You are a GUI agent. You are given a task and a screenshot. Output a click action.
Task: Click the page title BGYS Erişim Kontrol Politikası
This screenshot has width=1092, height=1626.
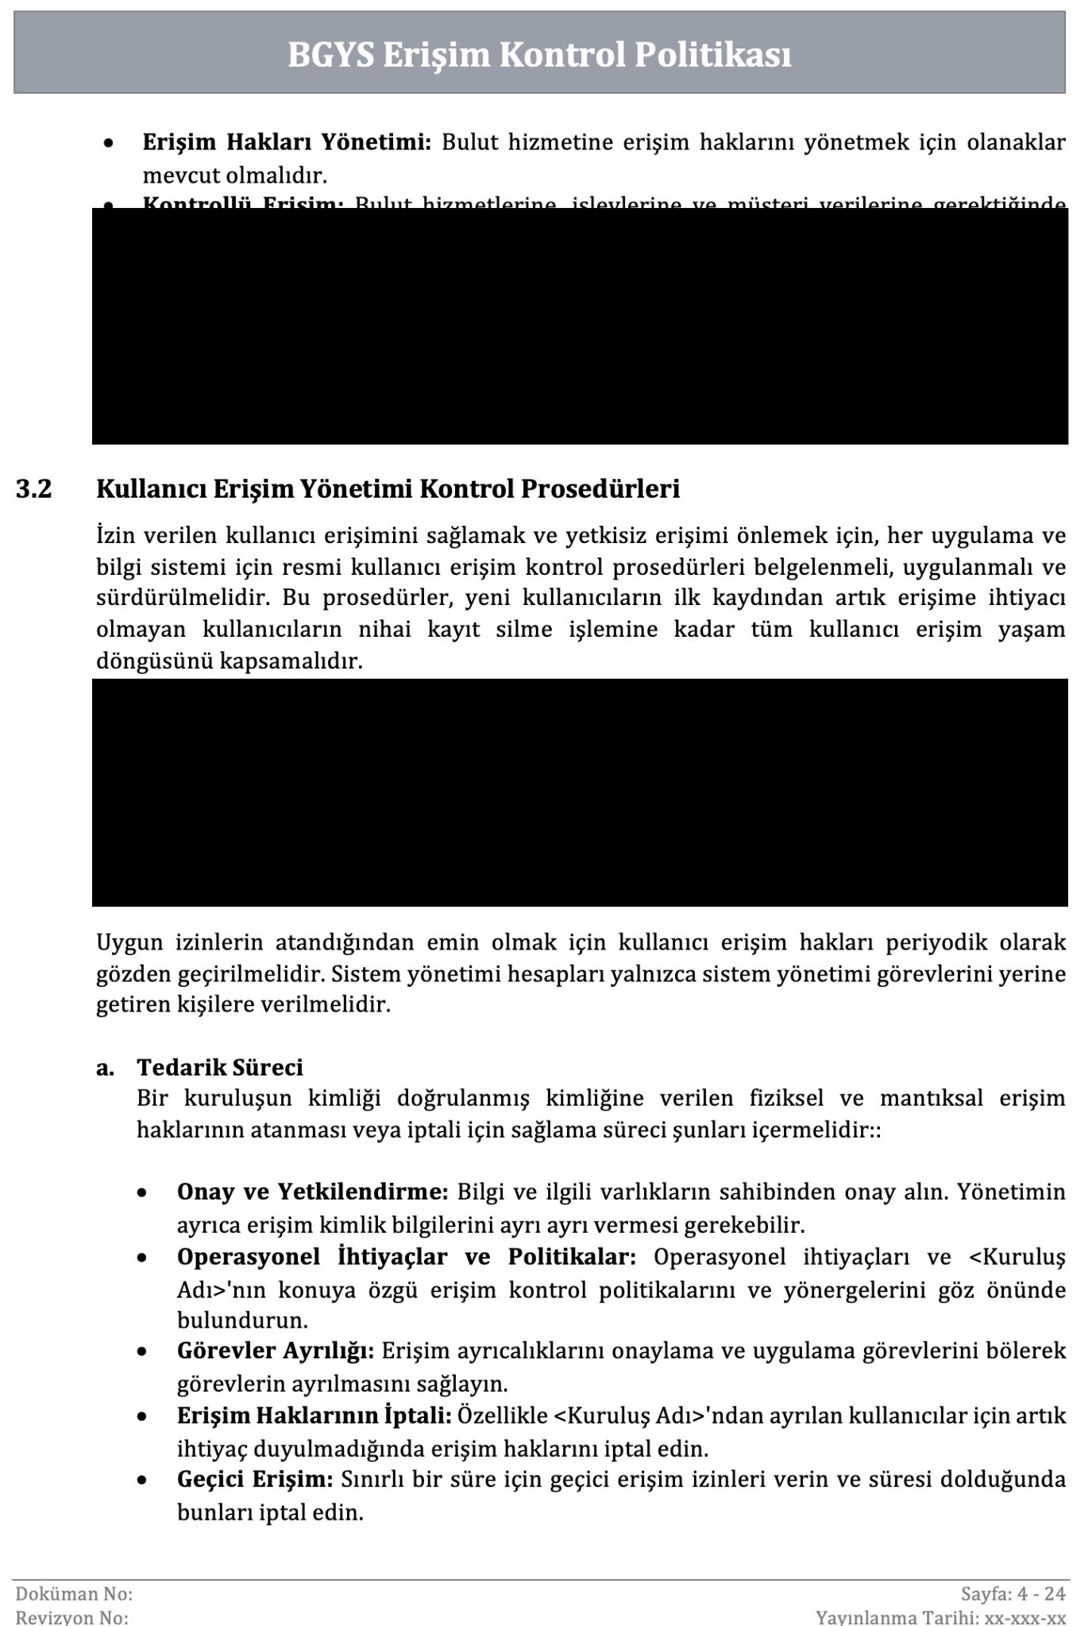point(539,56)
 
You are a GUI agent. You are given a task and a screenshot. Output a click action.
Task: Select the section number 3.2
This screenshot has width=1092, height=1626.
point(33,489)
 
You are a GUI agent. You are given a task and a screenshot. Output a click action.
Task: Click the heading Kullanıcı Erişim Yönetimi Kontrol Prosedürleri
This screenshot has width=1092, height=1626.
point(388,489)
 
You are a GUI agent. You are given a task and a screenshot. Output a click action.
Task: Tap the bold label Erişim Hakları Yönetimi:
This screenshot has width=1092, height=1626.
point(287,143)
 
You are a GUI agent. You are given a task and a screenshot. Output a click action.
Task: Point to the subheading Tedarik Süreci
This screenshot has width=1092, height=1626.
point(220,1067)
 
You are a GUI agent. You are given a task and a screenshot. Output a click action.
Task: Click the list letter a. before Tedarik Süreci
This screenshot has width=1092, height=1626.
point(105,1068)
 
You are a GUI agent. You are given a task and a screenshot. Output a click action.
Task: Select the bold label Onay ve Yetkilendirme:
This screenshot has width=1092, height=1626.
point(313,1193)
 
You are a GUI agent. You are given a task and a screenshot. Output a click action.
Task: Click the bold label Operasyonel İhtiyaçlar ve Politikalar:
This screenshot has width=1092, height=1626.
point(406,1258)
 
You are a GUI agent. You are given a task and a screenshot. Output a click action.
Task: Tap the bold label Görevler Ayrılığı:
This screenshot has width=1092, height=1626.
point(276,1351)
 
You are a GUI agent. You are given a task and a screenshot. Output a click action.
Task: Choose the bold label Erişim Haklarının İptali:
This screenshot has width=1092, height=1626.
point(314,1416)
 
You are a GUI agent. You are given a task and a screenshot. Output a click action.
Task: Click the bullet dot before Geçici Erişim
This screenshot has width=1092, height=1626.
point(141,1482)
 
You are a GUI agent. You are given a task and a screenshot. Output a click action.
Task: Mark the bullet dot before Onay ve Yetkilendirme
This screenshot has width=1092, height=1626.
point(141,1194)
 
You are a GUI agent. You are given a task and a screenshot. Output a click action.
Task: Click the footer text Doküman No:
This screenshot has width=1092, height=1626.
point(74,1593)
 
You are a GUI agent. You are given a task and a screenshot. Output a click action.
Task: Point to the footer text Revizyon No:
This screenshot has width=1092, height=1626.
point(71,1617)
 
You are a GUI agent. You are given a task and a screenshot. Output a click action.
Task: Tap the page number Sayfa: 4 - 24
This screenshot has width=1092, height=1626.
point(1013,1593)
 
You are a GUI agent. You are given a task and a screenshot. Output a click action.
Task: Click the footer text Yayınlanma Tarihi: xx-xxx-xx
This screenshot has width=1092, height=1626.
point(940,1617)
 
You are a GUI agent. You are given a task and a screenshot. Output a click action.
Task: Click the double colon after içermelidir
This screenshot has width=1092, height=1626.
point(876,1130)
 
